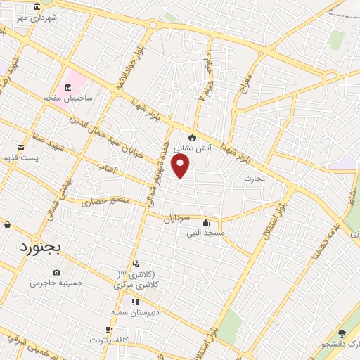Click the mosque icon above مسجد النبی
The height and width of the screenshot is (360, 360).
click(205, 222)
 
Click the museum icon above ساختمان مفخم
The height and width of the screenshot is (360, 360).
click(67, 87)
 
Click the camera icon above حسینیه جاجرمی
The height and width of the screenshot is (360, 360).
click(56, 273)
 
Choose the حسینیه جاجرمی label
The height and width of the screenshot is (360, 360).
click(57, 283)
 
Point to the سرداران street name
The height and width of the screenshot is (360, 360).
click(177, 219)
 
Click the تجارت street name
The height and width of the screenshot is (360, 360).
click(254, 179)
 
